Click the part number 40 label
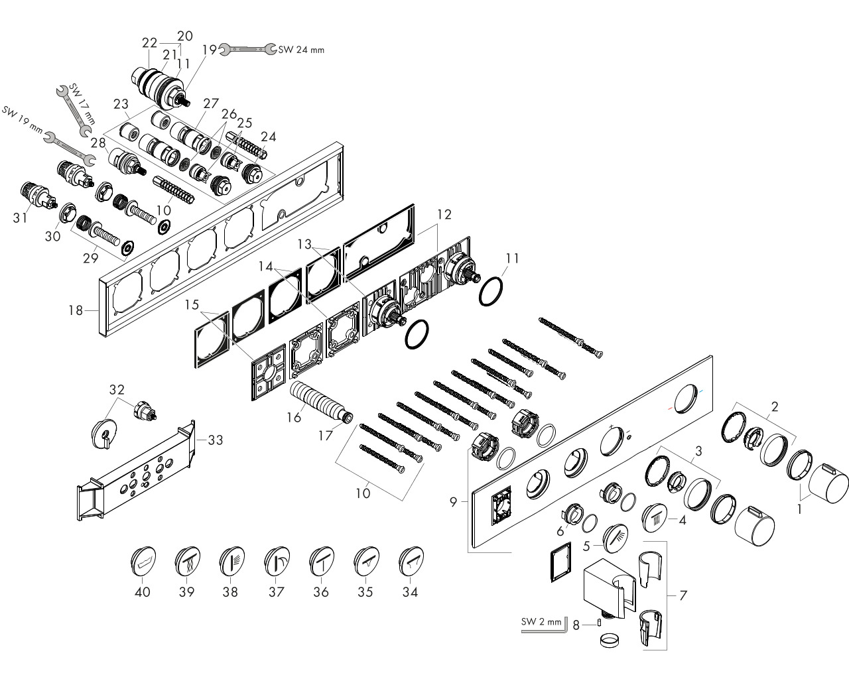[x=143, y=592]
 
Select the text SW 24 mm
[x=301, y=50]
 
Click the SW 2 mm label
[x=541, y=622]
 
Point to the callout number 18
[x=76, y=310]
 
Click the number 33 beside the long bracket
[x=215, y=440]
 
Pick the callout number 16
[x=294, y=417]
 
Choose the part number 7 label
[x=683, y=595]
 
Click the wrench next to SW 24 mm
[x=247, y=49]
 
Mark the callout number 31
[x=20, y=217]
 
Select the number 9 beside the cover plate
[x=453, y=502]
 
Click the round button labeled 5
[x=616, y=538]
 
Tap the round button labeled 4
[x=655, y=518]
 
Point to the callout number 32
[x=117, y=390]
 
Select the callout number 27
[x=211, y=103]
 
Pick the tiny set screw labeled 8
[x=599, y=623]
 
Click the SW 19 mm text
[x=23, y=119]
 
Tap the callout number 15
[x=192, y=304]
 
